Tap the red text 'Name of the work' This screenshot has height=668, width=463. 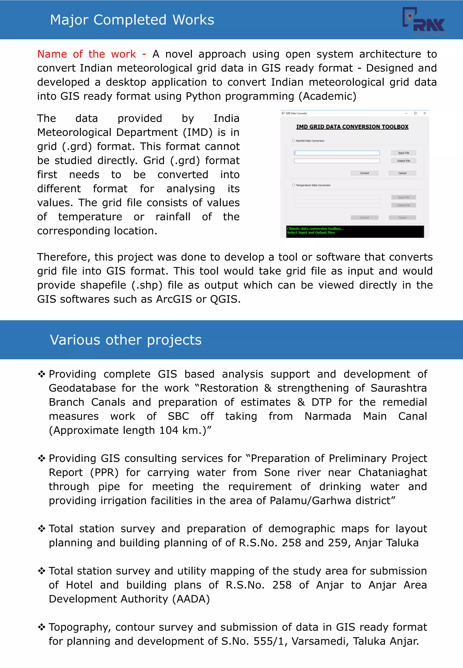[x=86, y=54]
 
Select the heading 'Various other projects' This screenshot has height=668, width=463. [x=126, y=340]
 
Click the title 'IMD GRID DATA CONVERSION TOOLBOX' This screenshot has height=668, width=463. [x=352, y=127]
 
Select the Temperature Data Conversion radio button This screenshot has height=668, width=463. [x=294, y=185]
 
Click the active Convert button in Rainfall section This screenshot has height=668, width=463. [x=364, y=173]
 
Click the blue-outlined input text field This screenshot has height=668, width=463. [x=337, y=153]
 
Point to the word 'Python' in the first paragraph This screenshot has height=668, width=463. [x=204, y=96]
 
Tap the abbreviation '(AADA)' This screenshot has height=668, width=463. [x=191, y=599]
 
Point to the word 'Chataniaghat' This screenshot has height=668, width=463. [x=392, y=472]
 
